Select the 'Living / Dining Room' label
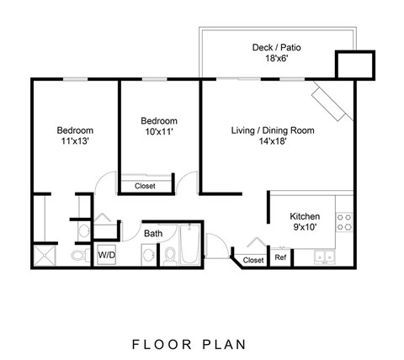273,130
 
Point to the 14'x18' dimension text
273,143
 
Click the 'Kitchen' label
304,215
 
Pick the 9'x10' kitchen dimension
304,227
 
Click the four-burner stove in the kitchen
344,221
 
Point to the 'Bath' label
153,233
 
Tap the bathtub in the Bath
190,247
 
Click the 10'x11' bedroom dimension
159,134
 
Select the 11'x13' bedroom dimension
75,143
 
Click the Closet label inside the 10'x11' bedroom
145,186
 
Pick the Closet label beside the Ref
253,261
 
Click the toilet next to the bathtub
168,252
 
